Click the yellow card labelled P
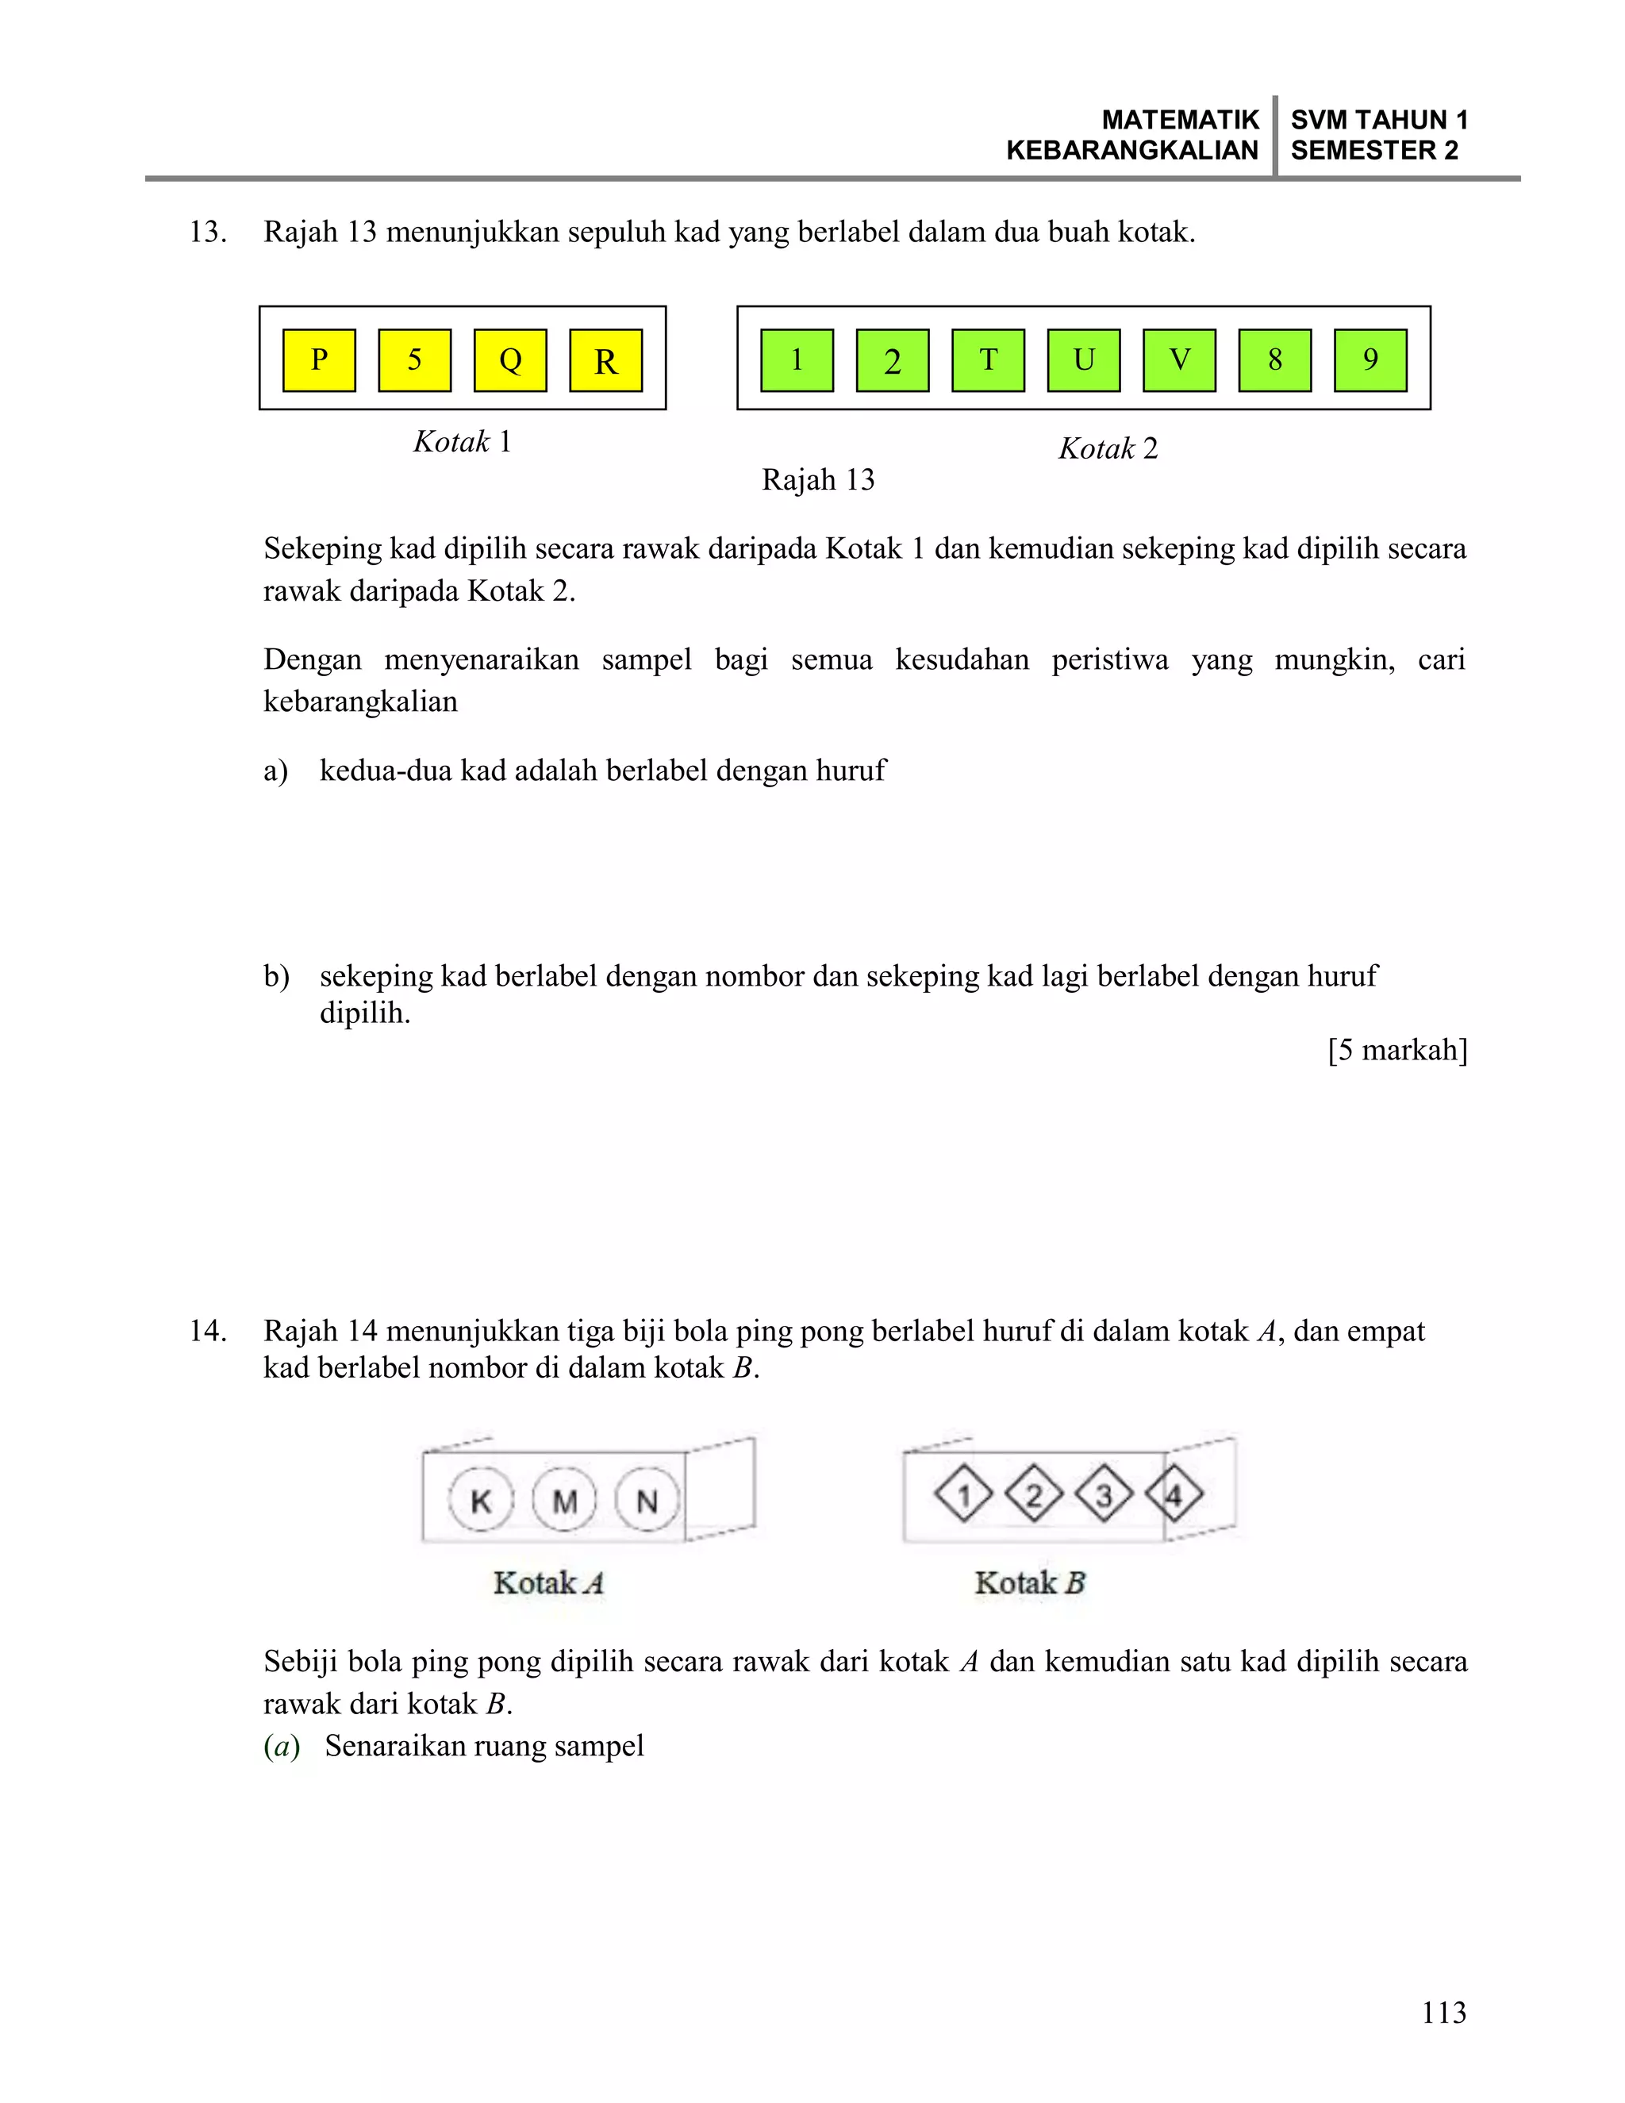pyautogui.click(x=319, y=360)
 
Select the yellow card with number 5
pyautogui.click(x=414, y=360)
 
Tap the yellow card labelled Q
pyautogui.click(x=510, y=360)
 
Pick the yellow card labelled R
pyautogui.click(x=605, y=360)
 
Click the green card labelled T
pyautogui.click(x=988, y=360)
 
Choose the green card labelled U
pyautogui.click(x=1083, y=360)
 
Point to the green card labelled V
pyautogui.click(x=1179, y=360)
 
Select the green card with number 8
pyautogui.click(x=1274, y=360)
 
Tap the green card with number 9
pyautogui.click(x=1370, y=360)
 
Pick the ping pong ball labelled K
pyautogui.click(x=480, y=1499)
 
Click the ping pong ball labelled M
pyautogui.click(x=564, y=1499)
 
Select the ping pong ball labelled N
pyautogui.click(x=647, y=1499)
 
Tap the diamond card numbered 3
pyautogui.click(x=1103, y=1494)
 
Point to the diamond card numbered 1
pyautogui.click(x=963, y=1494)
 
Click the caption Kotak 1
pyautogui.click(x=462, y=442)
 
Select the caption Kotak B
pyautogui.click(x=1029, y=1583)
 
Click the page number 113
pyautogui.click(x=1443, y=2013)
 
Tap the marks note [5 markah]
pyautogui.click(x=1396, y=1050)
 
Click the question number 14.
pyautogui.click(x=207, y=1332)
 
